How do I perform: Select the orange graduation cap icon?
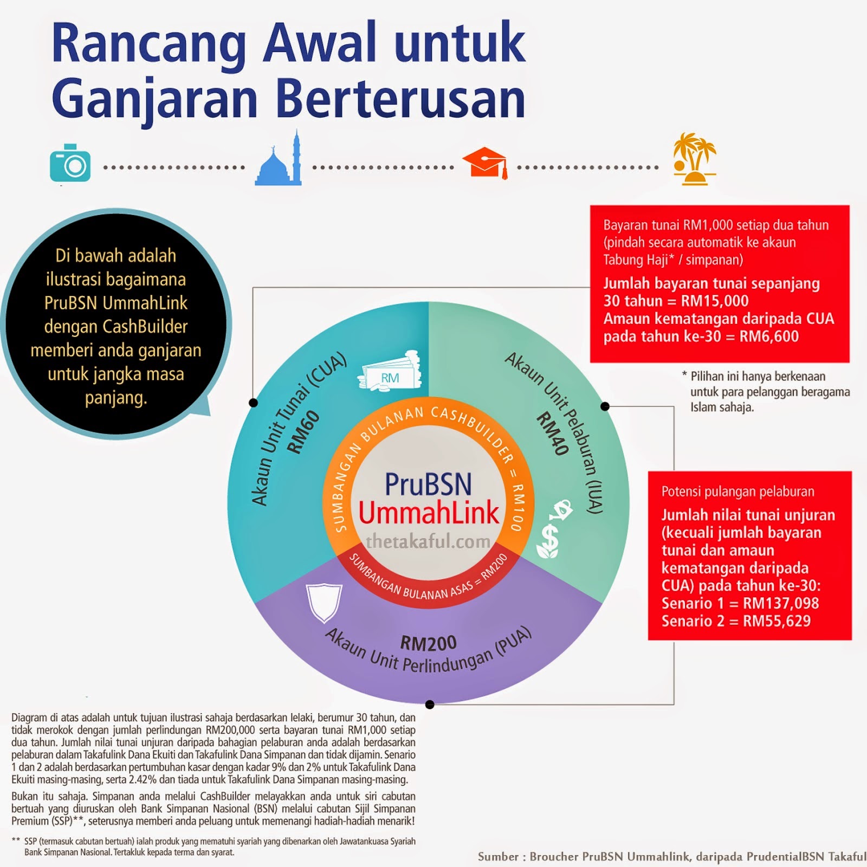tap(486, 163)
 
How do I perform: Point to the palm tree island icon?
tap(694, 158)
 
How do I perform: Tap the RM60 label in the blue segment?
tap(303, 432)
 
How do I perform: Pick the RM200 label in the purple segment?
tap(428, 643)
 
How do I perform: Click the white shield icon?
tap(324, 602)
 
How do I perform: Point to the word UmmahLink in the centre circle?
tap(429, 513)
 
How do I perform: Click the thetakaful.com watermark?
tap(428, 541)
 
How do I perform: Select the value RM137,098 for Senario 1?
tap(781, 603)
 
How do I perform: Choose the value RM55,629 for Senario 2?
tap(777, 621)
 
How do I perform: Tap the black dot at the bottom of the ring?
tap(430, 704)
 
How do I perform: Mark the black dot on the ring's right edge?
tap(605, 406)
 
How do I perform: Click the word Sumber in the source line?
tap(498, 857)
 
